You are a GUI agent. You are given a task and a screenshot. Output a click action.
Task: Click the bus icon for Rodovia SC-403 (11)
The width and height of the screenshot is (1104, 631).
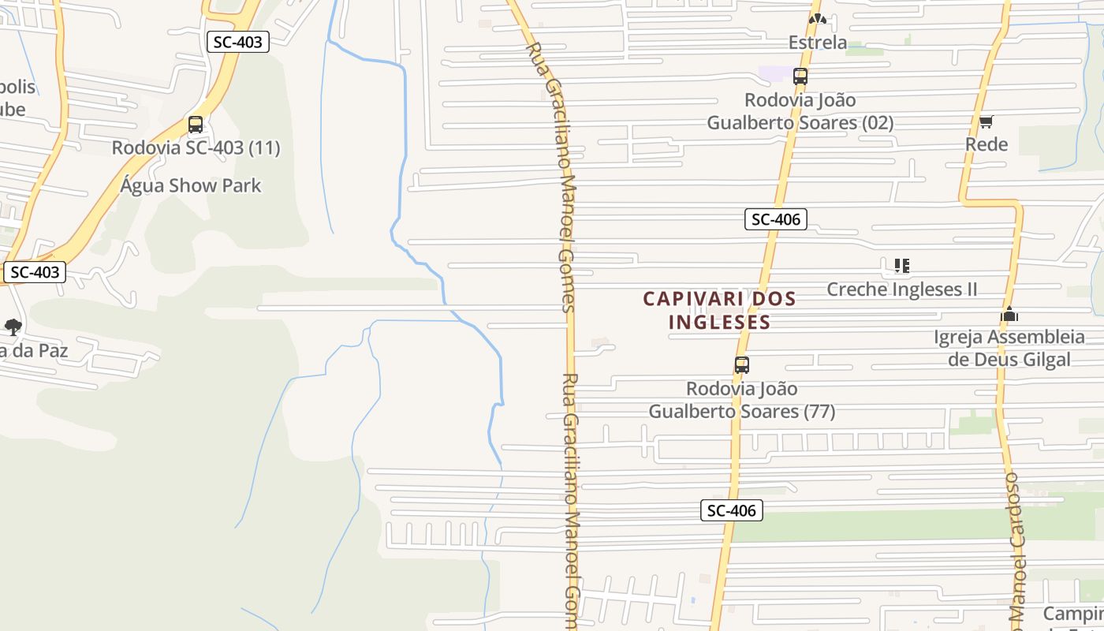195,125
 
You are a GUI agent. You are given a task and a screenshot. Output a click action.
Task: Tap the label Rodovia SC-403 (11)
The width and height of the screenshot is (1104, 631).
196,147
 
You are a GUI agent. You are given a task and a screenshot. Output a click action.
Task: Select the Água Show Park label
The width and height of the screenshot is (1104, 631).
191,185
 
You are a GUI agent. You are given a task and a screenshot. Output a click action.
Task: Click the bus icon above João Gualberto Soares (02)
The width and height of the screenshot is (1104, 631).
800,77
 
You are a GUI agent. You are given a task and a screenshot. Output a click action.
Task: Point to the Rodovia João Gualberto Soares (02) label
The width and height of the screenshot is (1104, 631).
800,111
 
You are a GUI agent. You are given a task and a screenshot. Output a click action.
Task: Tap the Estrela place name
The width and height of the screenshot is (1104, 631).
818,43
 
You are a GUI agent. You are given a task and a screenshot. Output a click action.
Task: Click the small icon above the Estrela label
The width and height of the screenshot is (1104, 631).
817,19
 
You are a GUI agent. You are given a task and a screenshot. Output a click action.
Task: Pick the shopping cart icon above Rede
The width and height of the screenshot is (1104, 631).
986,121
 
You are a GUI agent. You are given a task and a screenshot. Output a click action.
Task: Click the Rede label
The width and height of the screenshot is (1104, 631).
987,144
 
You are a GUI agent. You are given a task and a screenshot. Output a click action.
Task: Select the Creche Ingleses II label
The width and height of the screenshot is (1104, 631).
901,289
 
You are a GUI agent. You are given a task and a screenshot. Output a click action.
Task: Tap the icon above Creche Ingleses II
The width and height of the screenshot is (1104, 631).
901,266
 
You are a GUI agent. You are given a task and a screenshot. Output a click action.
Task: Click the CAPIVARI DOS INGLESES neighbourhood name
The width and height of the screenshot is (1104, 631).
719,310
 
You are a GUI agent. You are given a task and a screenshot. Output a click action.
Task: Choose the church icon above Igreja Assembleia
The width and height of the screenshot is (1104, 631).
1009,314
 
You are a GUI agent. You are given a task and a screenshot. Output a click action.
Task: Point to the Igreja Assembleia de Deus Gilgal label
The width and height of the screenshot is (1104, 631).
1009,348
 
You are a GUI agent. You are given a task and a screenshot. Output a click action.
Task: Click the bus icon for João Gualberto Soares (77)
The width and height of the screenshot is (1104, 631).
741,365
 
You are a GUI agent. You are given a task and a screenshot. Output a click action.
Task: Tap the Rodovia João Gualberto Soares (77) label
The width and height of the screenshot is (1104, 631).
741,400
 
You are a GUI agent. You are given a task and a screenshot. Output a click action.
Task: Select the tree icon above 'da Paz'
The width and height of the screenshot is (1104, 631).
13,327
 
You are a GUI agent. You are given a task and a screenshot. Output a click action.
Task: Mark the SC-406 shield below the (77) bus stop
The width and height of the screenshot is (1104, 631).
731,510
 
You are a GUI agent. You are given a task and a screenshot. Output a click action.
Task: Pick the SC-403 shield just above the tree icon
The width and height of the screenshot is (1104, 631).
35,272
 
